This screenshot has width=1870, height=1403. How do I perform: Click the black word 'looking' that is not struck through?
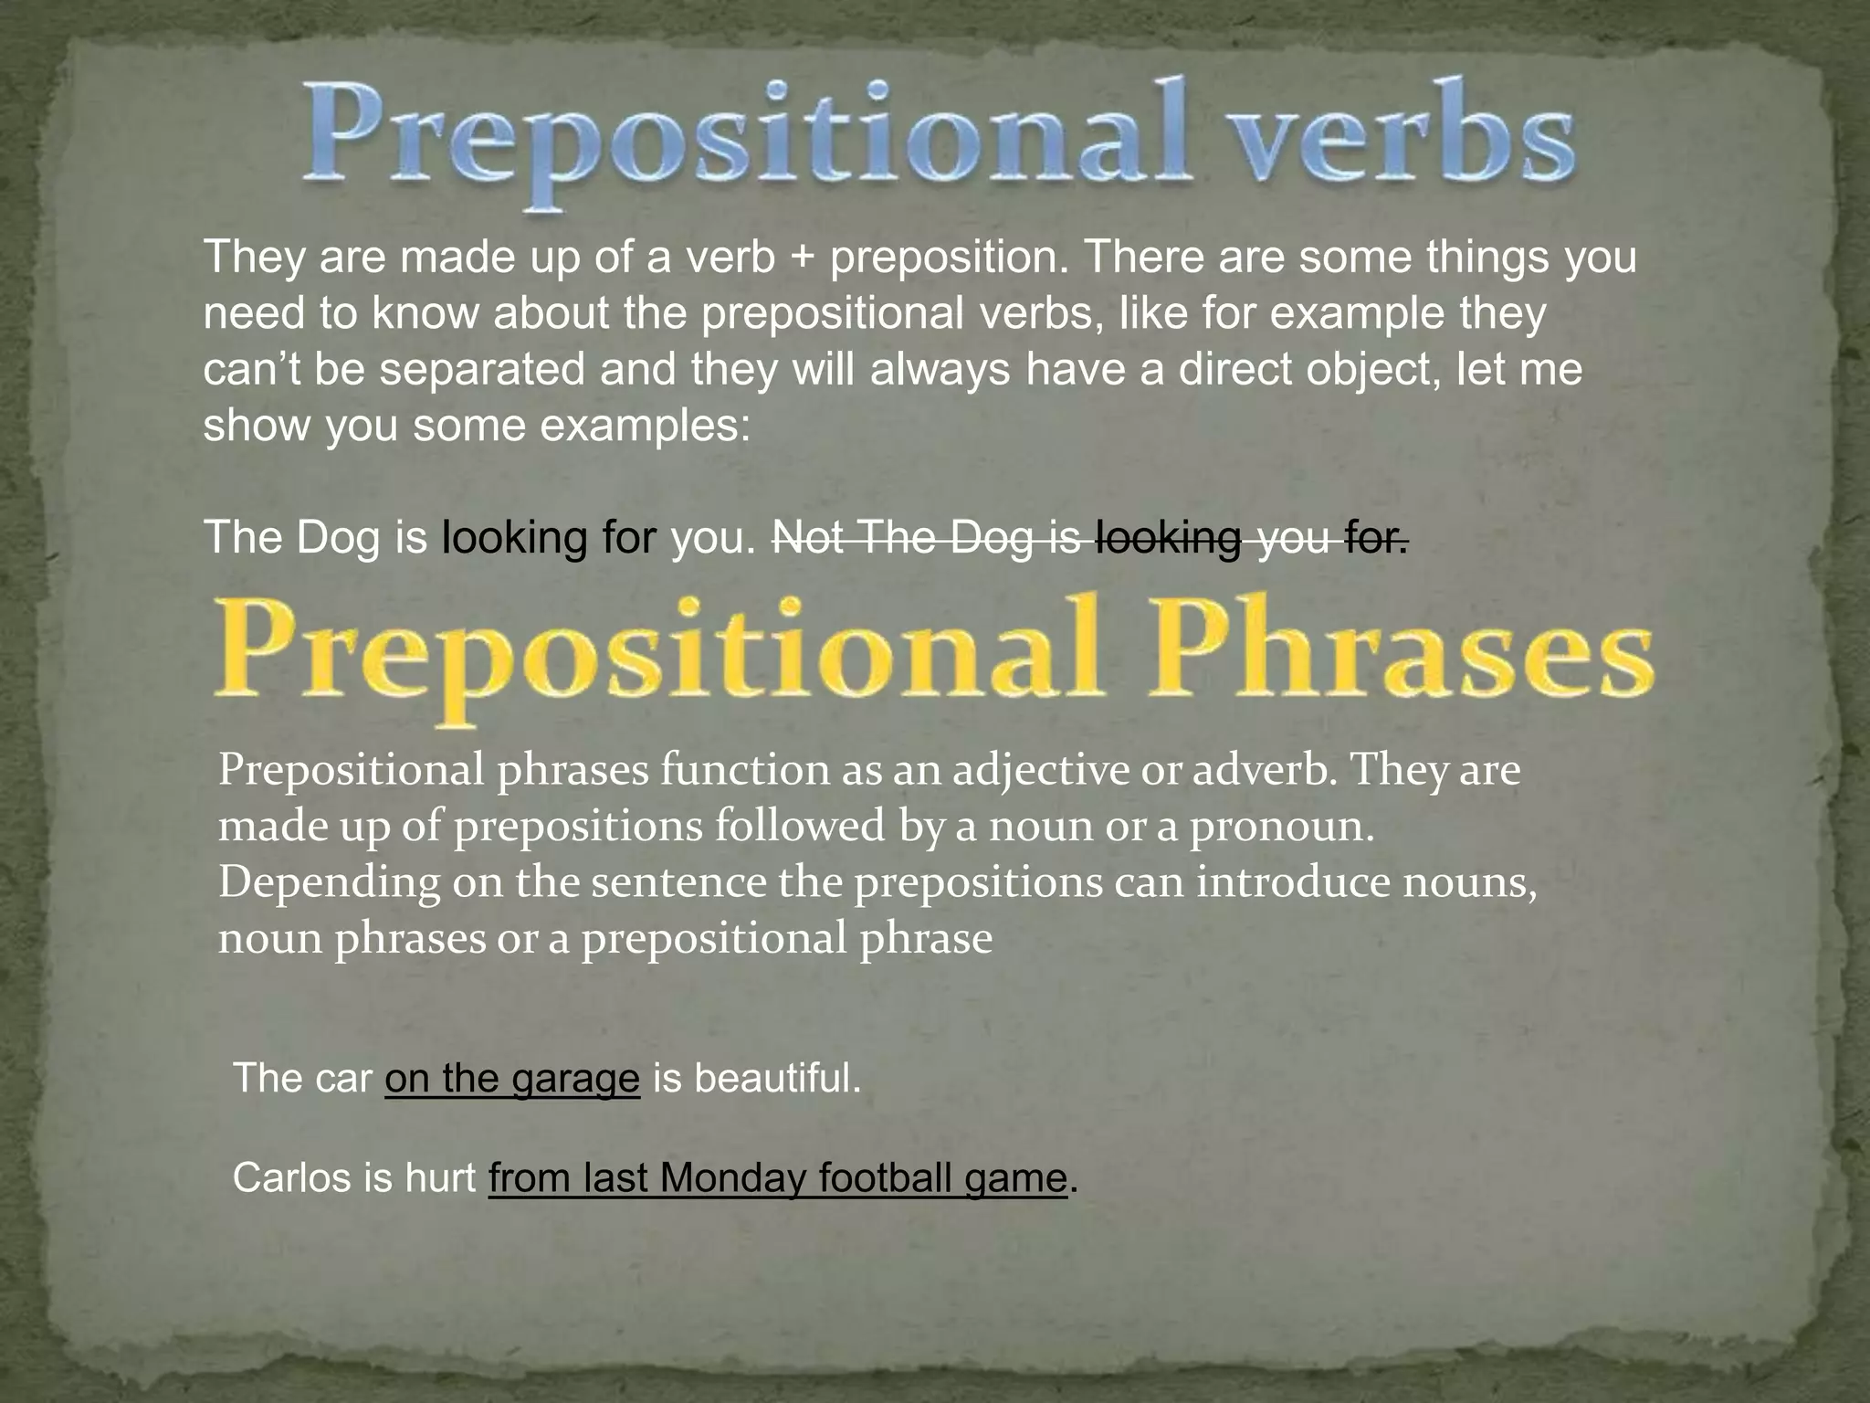tap(514, 539)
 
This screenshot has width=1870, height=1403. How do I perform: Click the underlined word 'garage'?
tap(575, 1079)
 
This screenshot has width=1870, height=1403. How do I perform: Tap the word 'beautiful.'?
tap(777, 1079)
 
